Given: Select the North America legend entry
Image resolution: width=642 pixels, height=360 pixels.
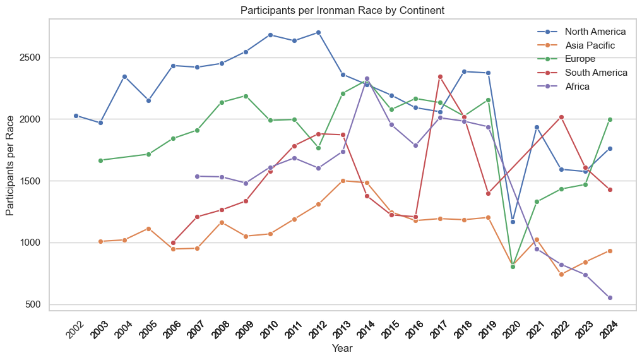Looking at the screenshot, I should (x=595, y=32).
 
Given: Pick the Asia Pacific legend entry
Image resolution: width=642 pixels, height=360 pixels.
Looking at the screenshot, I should (x=590, y=45).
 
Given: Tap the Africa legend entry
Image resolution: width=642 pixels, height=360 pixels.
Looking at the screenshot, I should (x=577, y=87).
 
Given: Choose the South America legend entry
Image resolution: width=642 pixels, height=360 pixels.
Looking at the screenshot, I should (x=596, y=73).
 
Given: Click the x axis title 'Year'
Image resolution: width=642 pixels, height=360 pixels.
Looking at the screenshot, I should (x=342, y=348).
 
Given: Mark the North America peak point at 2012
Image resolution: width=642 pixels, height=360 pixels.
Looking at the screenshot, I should (x=318, y=32).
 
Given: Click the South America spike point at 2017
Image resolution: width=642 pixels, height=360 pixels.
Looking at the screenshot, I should (x=440, y=76).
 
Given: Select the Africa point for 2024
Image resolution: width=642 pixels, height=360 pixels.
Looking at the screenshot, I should (x=610, y=297).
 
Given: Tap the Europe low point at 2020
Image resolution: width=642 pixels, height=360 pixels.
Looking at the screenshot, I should (x=513, y=267).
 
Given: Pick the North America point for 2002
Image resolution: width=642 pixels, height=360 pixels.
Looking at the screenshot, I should (x=76, y=116).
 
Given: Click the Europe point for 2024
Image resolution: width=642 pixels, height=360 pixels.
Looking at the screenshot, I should (x=610, y=119).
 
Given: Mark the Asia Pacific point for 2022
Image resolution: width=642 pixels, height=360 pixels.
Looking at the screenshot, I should (x=561, y=274).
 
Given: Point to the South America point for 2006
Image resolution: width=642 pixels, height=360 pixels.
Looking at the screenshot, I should (x=173, y=243).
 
